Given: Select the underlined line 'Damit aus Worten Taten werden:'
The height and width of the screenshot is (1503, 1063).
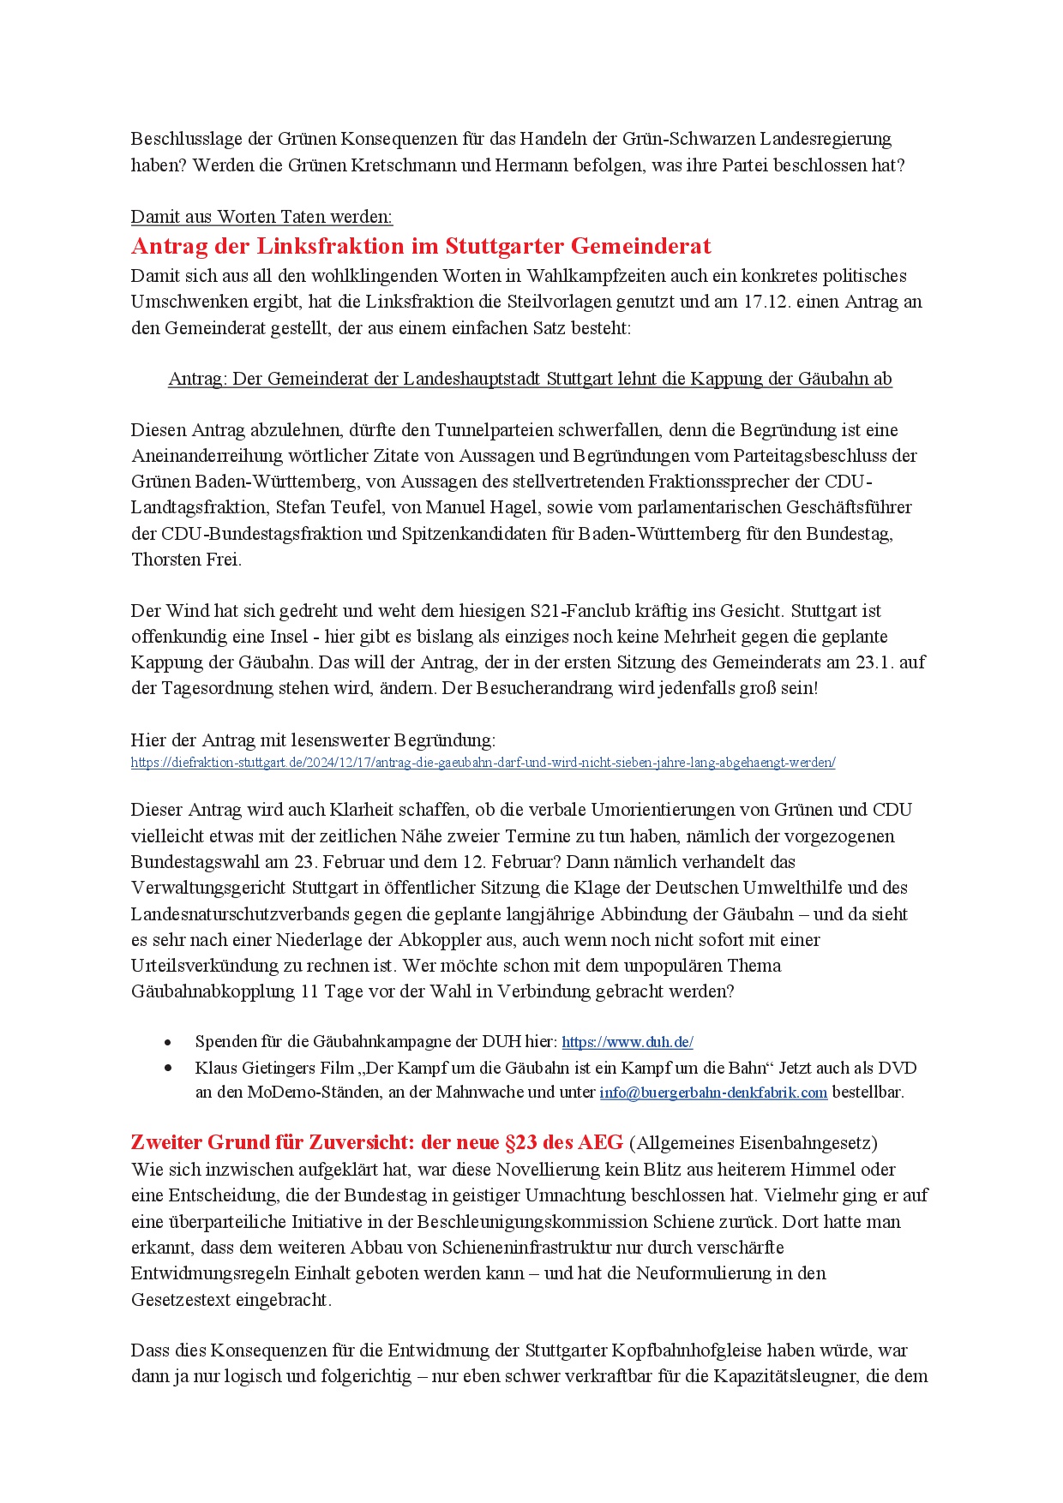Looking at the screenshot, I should [261, 217].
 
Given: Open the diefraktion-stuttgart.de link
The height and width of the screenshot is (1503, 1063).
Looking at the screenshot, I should [483, 763].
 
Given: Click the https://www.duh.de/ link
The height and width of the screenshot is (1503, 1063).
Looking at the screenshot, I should [628, 1042].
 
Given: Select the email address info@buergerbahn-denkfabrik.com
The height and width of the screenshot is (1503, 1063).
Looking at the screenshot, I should [713, 1093].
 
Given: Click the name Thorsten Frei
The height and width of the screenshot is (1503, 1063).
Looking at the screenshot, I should [186, 560].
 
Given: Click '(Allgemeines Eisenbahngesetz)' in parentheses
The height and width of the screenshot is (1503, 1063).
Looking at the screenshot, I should [753, 1143].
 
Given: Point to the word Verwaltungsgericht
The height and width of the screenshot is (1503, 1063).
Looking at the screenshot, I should [208, 888].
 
